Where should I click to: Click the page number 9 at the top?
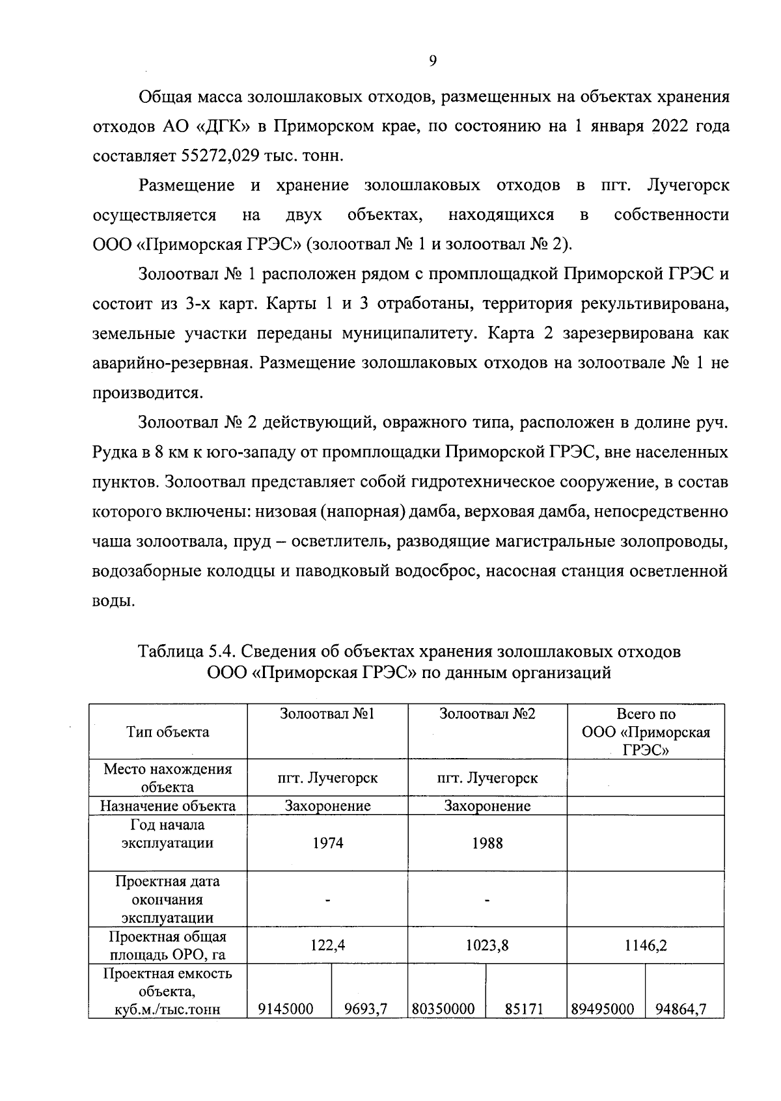433,61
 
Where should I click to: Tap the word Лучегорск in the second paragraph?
688,185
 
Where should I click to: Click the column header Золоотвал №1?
327,714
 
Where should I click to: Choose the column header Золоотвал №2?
487,714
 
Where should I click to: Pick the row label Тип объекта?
168,732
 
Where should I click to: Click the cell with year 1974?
327,843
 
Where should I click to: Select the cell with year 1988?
487,843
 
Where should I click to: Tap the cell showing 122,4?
327,945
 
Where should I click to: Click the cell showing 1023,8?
487,945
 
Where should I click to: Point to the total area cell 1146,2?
646,945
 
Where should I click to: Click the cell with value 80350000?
447,1009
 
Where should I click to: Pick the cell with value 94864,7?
684,1009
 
